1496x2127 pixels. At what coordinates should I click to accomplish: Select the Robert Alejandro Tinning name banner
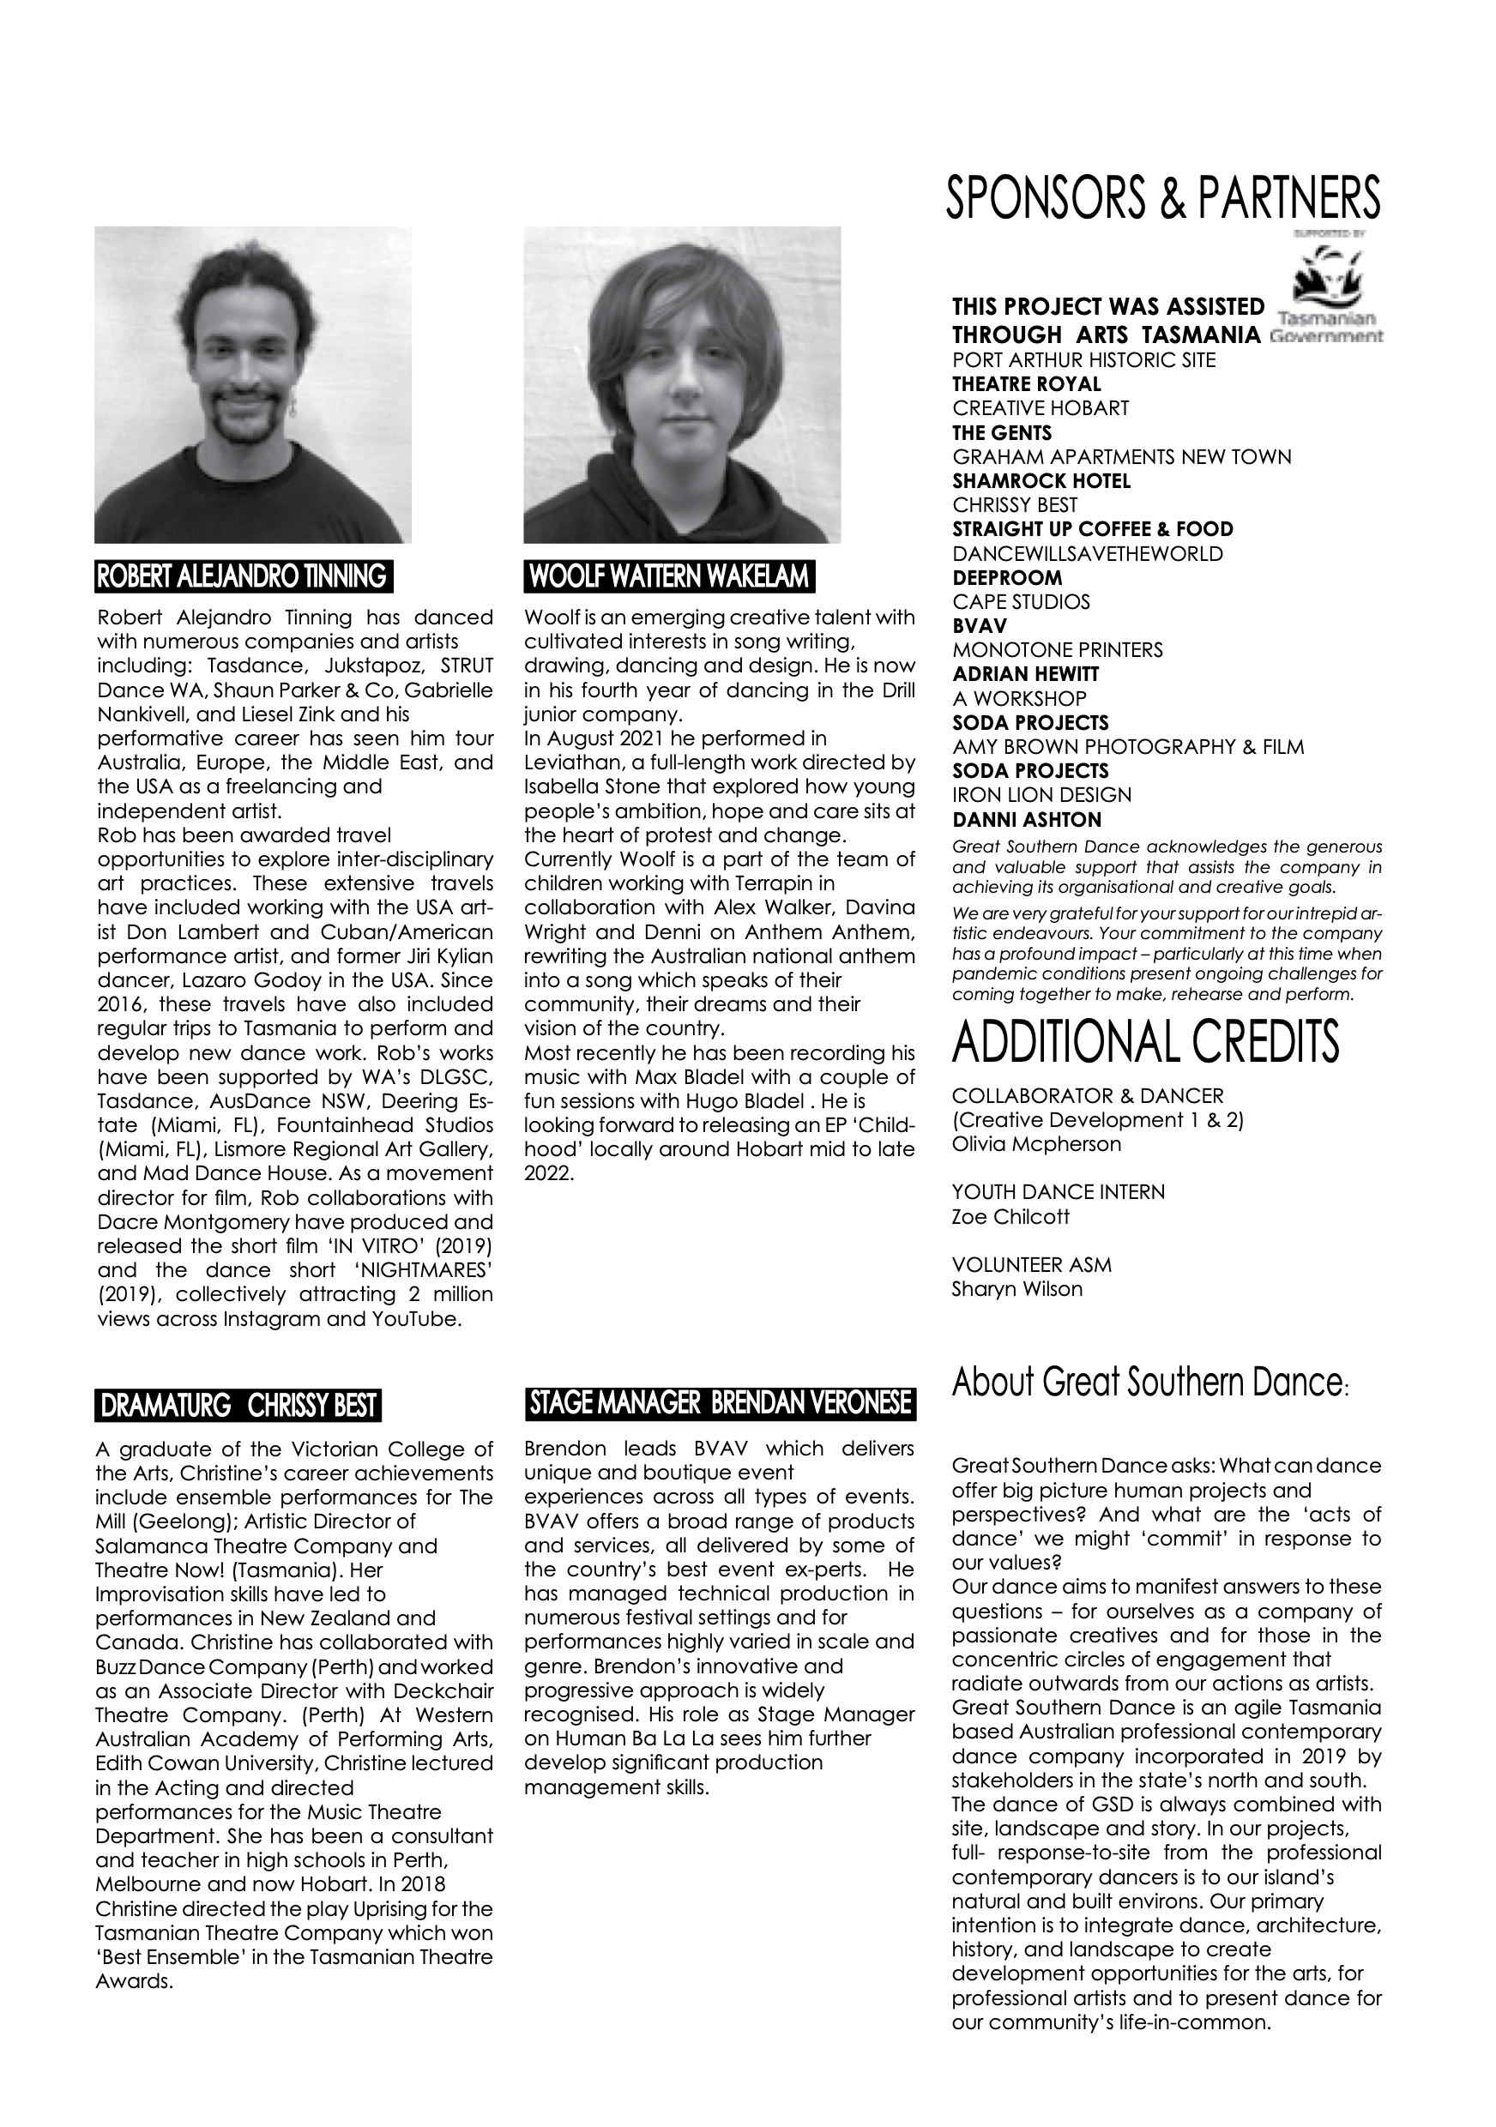coord(244,576)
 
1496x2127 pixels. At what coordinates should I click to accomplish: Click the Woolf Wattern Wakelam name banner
coord(669,576)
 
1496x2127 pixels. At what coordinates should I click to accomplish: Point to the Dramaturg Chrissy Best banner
coord(238,1407)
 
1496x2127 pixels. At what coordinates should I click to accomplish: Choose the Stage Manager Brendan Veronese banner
coord(720,1404)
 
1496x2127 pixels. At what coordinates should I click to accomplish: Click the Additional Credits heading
coord(1146,1041)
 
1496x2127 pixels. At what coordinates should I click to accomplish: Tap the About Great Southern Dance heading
coord(1149,1383)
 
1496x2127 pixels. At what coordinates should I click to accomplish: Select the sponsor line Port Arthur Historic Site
coord(1083,360)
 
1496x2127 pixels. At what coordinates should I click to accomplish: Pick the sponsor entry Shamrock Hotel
coord(1041,481)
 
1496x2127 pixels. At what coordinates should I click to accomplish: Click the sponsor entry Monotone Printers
coord(1058,650)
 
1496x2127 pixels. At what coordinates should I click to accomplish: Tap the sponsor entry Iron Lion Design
coord(1042,795)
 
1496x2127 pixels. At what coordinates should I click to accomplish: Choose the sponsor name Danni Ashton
coord(1027,820)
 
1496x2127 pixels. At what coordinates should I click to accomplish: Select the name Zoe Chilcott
coord(1010,1216)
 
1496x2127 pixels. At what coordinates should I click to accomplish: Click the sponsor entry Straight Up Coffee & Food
coord(1093,529)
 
